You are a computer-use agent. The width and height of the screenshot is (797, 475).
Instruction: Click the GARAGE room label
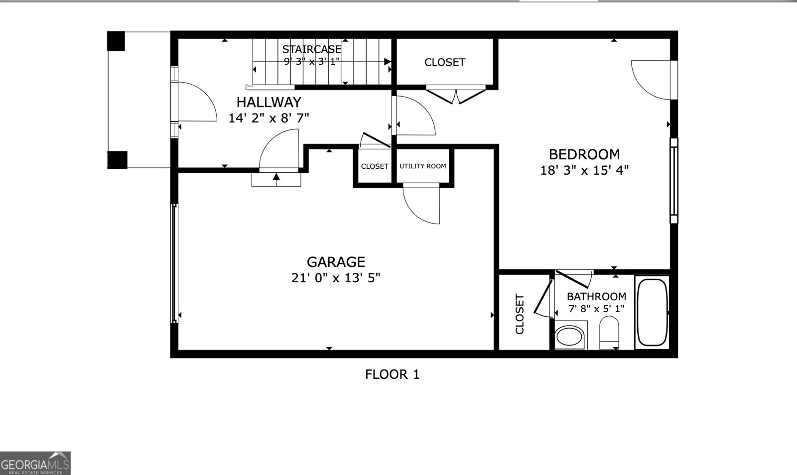click(336, 262)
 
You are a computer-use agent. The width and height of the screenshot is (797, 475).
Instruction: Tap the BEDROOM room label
click(584, 154)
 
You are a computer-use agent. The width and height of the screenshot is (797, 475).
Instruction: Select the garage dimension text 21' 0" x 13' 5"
click(336, 278)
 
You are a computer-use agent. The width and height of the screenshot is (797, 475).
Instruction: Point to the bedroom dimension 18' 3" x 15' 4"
click(584, 170)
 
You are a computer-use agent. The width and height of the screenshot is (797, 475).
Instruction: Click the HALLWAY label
click(268, 102)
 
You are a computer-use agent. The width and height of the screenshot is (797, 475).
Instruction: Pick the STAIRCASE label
click(312, 49)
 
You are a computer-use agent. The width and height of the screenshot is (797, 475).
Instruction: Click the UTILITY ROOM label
click(422, 166)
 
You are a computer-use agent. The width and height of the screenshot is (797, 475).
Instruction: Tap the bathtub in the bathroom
click(652, 312)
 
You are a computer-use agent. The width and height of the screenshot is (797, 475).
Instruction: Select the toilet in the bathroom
click(609, 332)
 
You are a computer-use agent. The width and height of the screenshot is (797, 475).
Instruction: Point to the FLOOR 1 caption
click(393, 374)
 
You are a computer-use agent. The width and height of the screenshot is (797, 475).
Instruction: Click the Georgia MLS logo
click(35, 463)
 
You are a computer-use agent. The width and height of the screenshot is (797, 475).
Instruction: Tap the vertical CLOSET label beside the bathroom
click(520, 314)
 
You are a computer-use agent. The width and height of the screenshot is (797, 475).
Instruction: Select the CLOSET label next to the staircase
click(444, 62)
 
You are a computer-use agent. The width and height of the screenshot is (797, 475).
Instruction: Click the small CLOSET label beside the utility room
click(375, 166)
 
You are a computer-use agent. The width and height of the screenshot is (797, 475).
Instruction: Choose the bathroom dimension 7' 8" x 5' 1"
click(596, 309)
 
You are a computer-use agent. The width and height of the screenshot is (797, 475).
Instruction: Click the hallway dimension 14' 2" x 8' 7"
click(268, 118)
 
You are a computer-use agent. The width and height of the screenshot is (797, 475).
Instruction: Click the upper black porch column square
click(116, 41)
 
